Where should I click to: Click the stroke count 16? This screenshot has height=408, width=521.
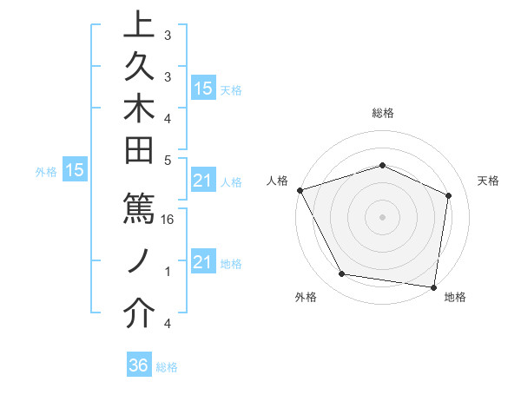pos(168,220)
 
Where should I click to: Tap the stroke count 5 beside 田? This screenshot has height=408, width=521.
pos(168,160)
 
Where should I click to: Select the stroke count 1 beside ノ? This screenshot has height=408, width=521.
pos(168,272)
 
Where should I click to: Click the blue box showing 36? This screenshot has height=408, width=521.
pos(139,365)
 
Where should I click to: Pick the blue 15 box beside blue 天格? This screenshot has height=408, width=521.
pos(203,88)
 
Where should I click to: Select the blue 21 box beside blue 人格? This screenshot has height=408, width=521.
pos(203,181)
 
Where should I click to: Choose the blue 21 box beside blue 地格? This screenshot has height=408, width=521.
pos(203,261)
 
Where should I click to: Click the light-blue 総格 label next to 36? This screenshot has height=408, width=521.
pos(168,367)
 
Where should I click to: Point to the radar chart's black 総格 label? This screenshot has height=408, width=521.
pos(383,113)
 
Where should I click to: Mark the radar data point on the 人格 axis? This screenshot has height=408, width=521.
pos(300,190)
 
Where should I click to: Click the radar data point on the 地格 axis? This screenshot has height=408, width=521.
pos(433,286)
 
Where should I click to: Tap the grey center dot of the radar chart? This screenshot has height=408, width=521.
pos(382,216)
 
